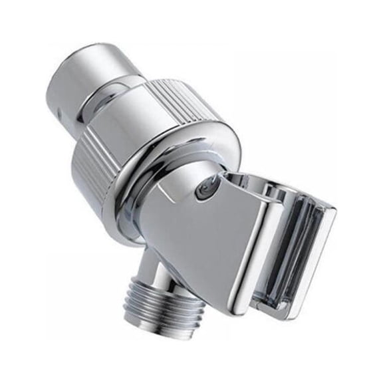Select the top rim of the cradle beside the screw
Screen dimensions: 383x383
coord(246,180)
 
